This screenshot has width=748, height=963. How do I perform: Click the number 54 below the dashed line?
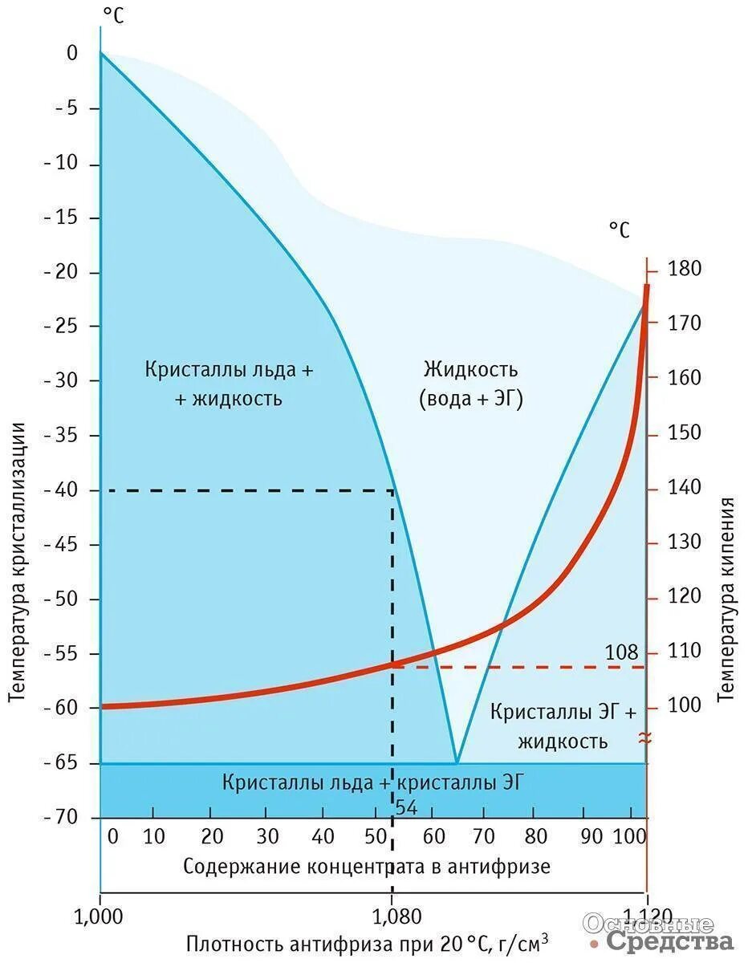tap(407, 807)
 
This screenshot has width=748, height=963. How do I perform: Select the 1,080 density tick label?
tap(392, 914)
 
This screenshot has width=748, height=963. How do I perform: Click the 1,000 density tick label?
tap(100, 914)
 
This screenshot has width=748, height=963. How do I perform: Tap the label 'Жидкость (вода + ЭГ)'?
tap(471, 384)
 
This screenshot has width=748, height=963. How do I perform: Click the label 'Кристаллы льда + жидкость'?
tap(230, 384)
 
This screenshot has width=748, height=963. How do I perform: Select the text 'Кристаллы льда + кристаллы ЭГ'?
tap(373, 782)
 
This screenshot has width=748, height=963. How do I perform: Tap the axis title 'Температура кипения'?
tap(727, 599)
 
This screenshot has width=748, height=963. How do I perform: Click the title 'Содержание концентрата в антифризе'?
tap(367, 867)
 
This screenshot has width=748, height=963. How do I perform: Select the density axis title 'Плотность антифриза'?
tap(368, 942)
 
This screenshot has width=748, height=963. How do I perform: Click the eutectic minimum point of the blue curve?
tap(456, 762)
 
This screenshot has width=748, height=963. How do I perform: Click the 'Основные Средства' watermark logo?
tap(658, 932)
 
